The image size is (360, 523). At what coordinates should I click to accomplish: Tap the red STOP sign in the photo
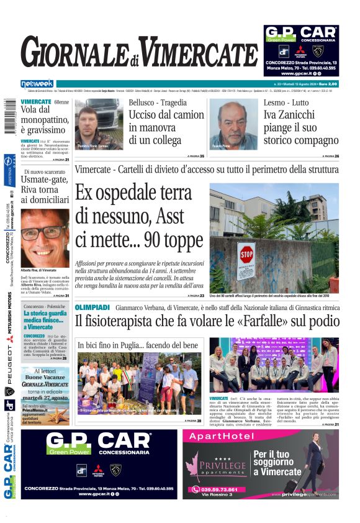(246, 255)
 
